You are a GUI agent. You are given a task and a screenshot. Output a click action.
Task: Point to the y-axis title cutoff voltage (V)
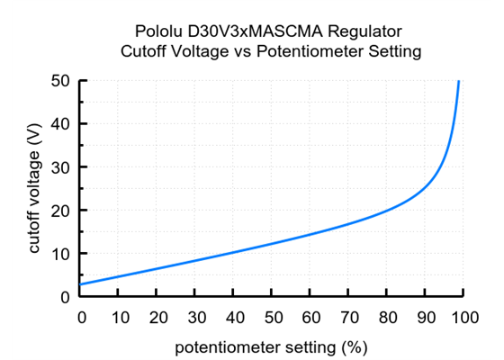35,189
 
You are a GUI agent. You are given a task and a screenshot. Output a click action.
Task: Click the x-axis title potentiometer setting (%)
271,346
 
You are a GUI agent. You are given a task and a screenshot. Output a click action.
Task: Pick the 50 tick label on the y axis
62,81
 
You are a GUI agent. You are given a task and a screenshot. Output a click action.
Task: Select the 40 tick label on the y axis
62,124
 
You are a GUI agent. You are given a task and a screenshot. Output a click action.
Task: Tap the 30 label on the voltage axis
62,167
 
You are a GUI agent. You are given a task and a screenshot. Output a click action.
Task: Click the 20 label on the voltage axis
62,211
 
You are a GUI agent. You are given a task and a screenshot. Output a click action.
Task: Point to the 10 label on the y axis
62,254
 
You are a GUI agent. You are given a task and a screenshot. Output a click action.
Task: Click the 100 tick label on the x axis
463,317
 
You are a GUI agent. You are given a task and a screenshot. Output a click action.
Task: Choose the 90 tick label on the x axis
426,317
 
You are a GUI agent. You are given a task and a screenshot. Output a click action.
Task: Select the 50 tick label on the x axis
273,317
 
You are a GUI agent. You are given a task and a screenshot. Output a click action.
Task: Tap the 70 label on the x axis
349,317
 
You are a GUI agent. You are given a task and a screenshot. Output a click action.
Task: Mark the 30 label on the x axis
196,317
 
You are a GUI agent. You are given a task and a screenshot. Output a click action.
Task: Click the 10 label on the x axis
120,317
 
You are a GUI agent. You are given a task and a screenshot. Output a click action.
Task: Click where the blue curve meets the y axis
82,284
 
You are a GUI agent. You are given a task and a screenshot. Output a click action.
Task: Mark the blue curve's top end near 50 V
459,82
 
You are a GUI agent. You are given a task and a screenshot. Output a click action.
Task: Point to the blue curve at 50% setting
273,244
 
